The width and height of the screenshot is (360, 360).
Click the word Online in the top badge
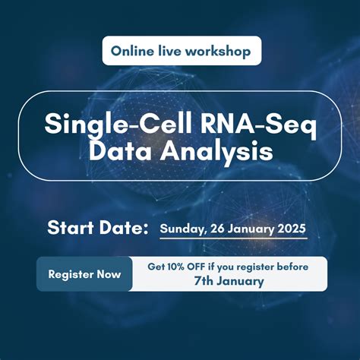point(131,51)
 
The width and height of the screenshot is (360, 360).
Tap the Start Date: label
point(98,227)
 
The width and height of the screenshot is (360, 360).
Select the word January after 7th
point(242,281)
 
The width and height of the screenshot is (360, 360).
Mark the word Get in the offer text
point(156,267)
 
